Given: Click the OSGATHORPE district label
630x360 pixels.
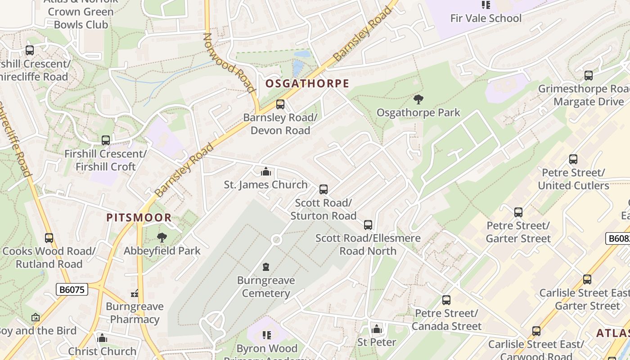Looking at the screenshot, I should pos(307,84).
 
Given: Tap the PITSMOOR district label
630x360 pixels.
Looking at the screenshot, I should pos(139,218).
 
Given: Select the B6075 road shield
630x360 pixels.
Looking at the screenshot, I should pos(72,289).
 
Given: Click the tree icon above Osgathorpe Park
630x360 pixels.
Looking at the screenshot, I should pos(418,99).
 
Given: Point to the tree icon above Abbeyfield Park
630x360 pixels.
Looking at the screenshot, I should pos(162,237).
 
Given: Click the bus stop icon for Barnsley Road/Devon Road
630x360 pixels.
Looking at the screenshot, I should pos(280,104).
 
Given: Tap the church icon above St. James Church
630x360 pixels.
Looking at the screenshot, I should pos(266,171).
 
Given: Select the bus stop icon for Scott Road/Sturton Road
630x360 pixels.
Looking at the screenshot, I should pos(323,189).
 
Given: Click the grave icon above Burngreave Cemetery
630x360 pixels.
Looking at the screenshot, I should pos(266,267).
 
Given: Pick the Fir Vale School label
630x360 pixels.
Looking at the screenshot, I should pos(486,18).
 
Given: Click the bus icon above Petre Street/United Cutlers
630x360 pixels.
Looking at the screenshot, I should pos(573,159).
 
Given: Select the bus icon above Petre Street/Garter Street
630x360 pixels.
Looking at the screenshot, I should pos(518,212).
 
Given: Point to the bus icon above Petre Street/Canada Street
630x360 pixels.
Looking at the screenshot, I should pos(446,300).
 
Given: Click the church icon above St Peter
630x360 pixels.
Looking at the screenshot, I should pos(377,329).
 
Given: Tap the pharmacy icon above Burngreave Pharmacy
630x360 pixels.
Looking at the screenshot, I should pos(135,294).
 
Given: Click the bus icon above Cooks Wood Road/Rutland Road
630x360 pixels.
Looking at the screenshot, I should pos(49,238).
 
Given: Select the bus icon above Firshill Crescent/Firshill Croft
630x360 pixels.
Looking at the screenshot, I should pos(106,140).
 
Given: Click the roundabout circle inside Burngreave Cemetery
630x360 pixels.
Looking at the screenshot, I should pos(276,240).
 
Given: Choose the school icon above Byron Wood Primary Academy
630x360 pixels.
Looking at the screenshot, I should pos(267,335).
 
